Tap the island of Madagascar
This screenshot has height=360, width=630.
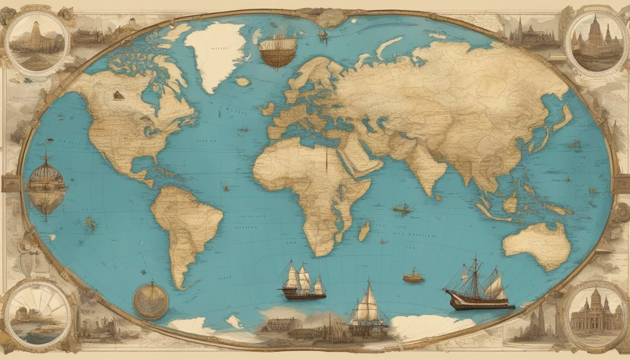[x=364, y=231]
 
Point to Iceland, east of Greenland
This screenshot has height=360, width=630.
[x=243, y=82]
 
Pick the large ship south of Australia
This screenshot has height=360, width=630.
[x=478, y=288]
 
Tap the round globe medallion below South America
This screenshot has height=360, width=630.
[x=150, y=300]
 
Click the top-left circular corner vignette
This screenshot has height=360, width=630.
[x=37, y=44]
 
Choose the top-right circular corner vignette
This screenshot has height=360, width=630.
[x=595, y=43]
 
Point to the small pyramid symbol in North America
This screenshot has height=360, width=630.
[x=119, y=95]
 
